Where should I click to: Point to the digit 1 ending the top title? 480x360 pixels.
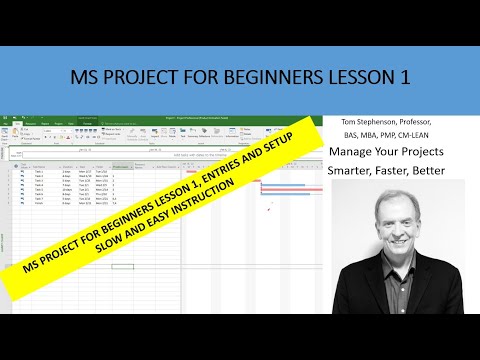[x=410, y=77]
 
